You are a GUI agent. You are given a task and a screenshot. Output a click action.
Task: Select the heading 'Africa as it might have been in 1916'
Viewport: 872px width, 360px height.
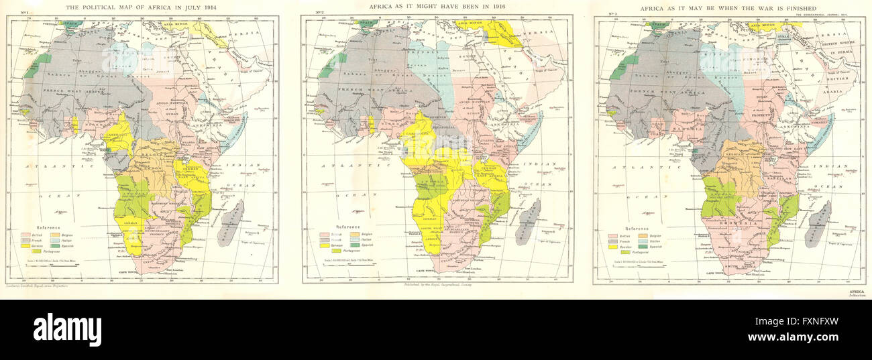tap(438, 7)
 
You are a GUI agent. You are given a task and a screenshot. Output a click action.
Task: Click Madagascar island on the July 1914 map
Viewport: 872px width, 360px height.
tap(231, 223)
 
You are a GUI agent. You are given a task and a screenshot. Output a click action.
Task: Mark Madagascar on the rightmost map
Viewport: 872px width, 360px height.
tap(819, 223)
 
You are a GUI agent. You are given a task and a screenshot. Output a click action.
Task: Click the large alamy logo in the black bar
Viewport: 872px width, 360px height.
tap(67, 330)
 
